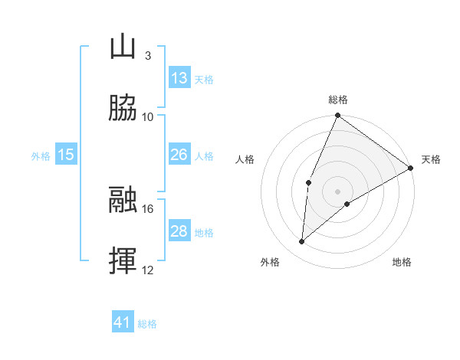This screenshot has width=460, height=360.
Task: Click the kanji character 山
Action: [x=123, y=47]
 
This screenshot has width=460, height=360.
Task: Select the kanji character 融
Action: [x=123, y=200]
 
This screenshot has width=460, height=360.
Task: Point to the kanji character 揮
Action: [x=123, y=261]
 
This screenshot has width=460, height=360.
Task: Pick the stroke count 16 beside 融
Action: [x=148, y=208]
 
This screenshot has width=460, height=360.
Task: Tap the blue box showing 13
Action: [x=179, y=78]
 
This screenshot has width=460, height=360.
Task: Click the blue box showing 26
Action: [x=179, y=155]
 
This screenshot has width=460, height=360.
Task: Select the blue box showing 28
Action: [x=179, y=231]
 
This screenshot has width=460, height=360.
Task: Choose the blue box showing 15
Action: [x=66, y=155]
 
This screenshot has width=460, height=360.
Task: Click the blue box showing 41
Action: [x=123, y=322]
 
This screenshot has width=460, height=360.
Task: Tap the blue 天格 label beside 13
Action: [x=204, y=79]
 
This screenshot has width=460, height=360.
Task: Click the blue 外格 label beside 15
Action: [x=41, y=155]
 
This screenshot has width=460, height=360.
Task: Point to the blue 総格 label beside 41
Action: [x=147, y=323]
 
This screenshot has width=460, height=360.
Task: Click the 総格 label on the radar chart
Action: [x=338, y=100]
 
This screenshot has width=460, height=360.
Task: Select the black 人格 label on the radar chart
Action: [x=245, y=159]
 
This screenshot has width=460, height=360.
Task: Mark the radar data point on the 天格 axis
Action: [x=411, y=168]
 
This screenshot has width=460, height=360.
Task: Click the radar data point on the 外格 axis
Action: [x=302, y=242]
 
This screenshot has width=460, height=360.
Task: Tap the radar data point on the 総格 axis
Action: [x=338, y=116]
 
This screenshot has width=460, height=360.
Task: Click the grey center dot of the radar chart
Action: [x=338, y=191]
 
